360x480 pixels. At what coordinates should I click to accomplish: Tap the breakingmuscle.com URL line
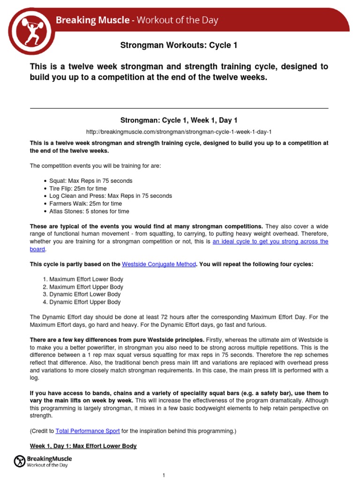(x=179, y=132)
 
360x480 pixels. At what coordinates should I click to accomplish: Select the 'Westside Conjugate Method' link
(x=158, y=264)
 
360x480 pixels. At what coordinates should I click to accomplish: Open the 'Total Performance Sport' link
(x=88, y=430)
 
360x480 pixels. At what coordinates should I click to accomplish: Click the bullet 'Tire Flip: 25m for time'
(x=78, y=188)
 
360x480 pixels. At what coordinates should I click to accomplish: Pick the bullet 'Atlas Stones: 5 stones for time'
(x=89, y=211)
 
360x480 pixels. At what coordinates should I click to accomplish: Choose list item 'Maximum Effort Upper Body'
(x=89, y=287)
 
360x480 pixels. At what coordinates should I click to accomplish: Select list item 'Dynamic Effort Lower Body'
(x=88, y=294)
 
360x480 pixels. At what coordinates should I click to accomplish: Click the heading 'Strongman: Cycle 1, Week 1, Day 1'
(x=180, y=120)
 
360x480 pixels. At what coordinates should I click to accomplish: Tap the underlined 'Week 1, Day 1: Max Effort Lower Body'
(x=83, y=446)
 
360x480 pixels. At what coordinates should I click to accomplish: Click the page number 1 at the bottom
(x=164, y=475)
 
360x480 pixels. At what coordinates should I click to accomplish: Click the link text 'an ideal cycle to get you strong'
(x=270, y=242)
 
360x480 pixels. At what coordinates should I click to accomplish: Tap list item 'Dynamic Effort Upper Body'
(x=88, y=302)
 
